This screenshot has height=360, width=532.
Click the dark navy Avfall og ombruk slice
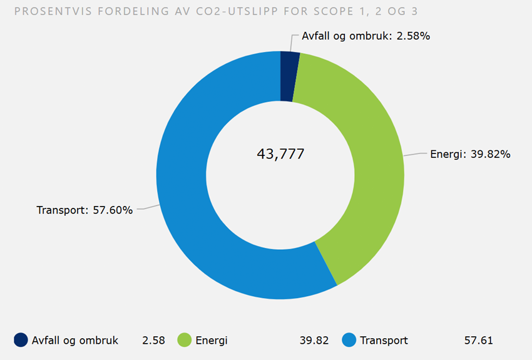click(289, 76)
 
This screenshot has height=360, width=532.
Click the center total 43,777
click(280, 154)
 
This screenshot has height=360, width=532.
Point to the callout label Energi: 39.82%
click(470, 154)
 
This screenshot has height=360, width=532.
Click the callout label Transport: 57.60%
click(85, 210)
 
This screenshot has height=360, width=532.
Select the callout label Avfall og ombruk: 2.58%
click(366, 36)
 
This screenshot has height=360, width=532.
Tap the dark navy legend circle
click(21, 341)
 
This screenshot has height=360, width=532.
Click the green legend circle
click(185, 341)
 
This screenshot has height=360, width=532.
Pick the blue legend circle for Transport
click(349, 341)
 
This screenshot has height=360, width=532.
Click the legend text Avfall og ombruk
click(75, 341)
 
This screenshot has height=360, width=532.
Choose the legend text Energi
click(212, 341)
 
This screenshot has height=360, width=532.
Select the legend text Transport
click(384, 341)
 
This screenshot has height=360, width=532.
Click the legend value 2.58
click(153, 341)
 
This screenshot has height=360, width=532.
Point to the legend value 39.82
click(314, 341)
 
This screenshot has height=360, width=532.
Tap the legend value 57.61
click(478, 341)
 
